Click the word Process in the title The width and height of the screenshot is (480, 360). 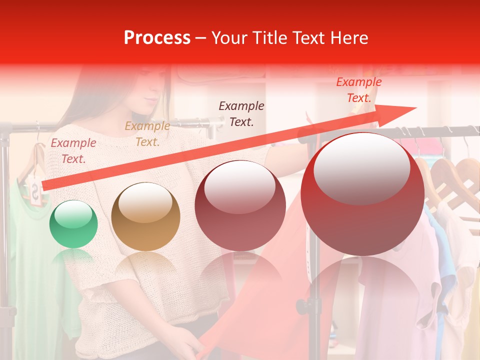[x=157, y=38]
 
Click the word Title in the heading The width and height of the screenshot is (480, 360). [x=269, y=38]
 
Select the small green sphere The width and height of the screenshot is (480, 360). [x=73, y=224]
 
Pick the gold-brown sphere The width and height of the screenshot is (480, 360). [x=145, y=217]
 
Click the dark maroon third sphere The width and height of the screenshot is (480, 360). [x=240, y=206]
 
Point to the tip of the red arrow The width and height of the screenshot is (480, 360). [x=415, y=108]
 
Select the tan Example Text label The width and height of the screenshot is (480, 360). [x=147, y=134]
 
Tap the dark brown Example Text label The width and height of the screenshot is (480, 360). [x=241, y=113]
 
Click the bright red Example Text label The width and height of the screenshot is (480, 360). [x=358, y=90]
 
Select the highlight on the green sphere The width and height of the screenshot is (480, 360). [x=73, y=216]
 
